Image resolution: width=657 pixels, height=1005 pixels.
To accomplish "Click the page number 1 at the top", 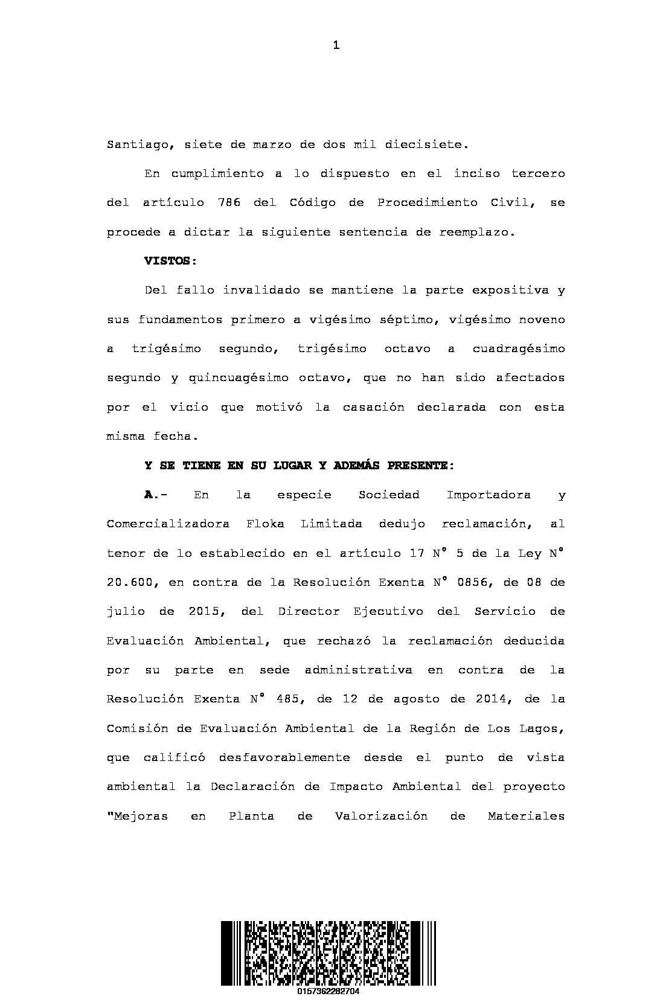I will click(336, 45).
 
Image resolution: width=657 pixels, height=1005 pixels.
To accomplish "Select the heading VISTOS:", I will click(170, 261).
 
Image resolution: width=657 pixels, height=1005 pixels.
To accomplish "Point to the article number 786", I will click(229, 203).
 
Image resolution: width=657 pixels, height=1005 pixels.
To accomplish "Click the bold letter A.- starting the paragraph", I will click(155, 495).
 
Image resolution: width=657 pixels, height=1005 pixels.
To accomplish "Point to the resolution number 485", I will click(287, 699).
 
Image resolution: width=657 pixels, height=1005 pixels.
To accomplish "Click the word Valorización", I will click(381, 817).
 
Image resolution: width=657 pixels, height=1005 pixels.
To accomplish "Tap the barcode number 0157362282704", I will click(328, 992).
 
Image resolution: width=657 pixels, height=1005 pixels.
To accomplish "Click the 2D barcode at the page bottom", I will click(328, 952).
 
